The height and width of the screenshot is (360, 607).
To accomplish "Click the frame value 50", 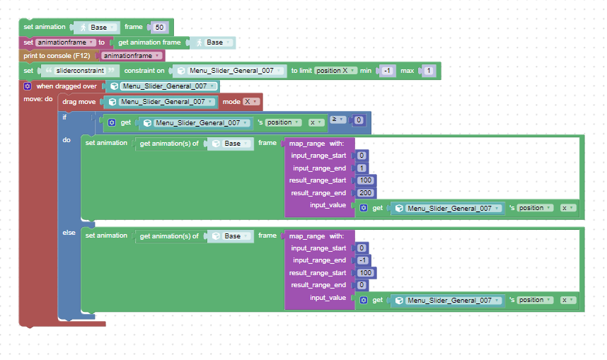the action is coord(159,27).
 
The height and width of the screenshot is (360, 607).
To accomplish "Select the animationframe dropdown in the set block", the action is coord(65,42).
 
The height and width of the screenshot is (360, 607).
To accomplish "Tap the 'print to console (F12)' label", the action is coord(57,56).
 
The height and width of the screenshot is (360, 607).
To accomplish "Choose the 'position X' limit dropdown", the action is coord(335,71).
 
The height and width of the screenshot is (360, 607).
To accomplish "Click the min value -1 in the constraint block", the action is coord(387,71).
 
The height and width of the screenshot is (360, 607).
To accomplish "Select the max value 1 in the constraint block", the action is coord(428,71).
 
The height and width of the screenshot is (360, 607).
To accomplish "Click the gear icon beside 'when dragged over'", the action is coord(28,86).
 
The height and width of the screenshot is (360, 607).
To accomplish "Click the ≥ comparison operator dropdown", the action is coord(337,120).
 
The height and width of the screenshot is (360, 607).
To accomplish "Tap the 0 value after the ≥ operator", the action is coord(359,120).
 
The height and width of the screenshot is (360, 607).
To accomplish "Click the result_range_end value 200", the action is coord(365,193).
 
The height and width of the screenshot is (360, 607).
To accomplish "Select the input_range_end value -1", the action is coord(363,260).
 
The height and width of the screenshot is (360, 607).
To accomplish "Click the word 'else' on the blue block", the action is coord(69,233).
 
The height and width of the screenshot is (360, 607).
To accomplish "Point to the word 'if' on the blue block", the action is coord(64,117).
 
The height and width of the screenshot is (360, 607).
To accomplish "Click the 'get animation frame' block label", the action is coord(149,42).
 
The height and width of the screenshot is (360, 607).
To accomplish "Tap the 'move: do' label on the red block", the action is coord(38,99).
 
